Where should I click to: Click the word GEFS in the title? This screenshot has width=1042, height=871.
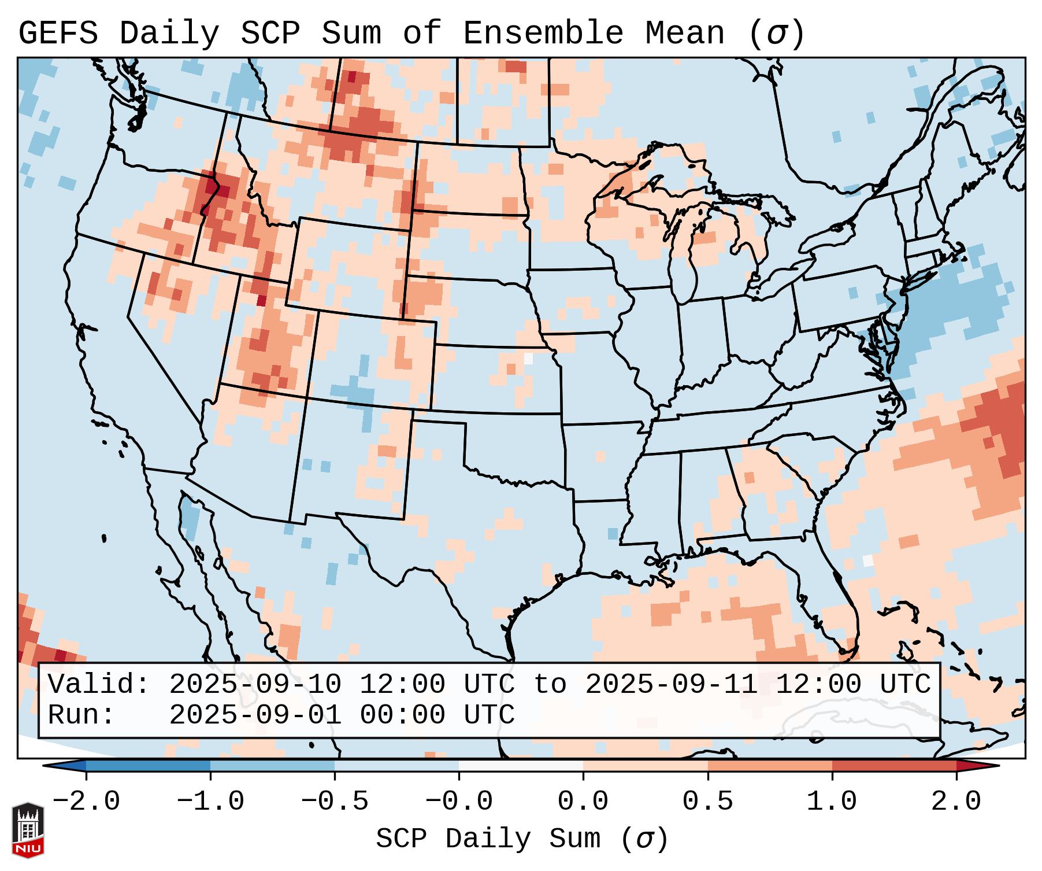coord(58,34)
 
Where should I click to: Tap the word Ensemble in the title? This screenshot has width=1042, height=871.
coord(543,34)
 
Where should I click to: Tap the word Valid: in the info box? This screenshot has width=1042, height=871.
coord(99,685)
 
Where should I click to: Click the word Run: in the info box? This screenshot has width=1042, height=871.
coord(81,715)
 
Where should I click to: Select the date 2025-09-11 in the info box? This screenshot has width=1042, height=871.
coord(671,685)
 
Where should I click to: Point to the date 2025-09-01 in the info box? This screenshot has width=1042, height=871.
coord(255,715)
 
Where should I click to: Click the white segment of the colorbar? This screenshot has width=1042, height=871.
coord(521,766)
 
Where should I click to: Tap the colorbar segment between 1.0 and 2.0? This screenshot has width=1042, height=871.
coord(894,766)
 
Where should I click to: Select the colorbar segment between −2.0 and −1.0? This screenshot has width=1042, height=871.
coord(148,766)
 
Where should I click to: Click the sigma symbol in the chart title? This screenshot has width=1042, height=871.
coord(776,34)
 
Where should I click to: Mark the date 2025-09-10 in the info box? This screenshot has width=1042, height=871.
coord(255,685)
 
